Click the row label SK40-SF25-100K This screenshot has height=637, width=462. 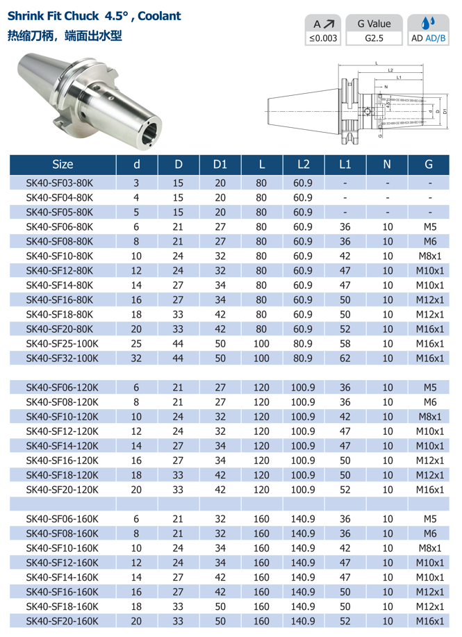(62, 343)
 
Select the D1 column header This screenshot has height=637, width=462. (220, 165)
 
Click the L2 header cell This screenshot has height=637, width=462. (303, 165)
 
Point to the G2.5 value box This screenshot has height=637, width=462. (374, 38)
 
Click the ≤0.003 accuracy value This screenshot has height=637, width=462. (323, 38)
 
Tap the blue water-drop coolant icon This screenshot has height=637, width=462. (427, 23)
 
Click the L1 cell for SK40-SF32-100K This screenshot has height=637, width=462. (345, 358)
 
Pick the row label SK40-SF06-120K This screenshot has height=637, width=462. (62, 387)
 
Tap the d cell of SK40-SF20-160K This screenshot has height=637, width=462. (136, 620)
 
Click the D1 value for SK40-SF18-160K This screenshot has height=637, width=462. (220, 606)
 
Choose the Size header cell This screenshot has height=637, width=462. (62, 165)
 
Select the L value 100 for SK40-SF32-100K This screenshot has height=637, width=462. (261, 358)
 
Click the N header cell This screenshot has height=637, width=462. (387, 165)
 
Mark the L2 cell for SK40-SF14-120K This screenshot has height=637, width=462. (303, 445)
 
